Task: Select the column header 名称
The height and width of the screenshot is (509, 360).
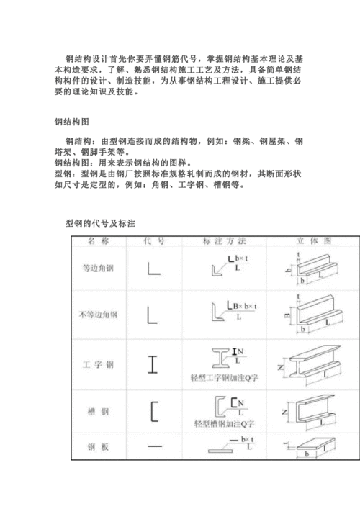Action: tap(98, 241)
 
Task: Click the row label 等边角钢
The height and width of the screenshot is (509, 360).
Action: tap(98, 269)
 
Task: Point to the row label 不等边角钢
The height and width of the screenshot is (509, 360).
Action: tap(98, 315)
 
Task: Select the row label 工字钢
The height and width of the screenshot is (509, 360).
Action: tap(98, 364)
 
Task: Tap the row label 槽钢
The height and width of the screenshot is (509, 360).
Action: tap(98, 411)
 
